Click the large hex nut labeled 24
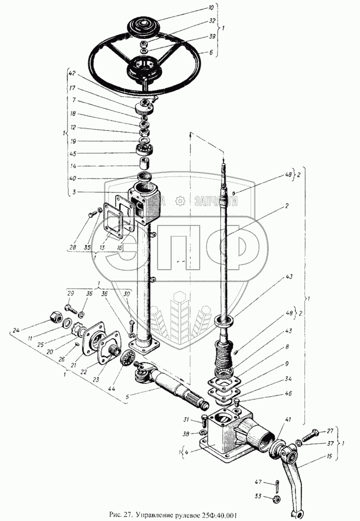pos(55,317)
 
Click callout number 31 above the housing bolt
pos(186,421)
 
